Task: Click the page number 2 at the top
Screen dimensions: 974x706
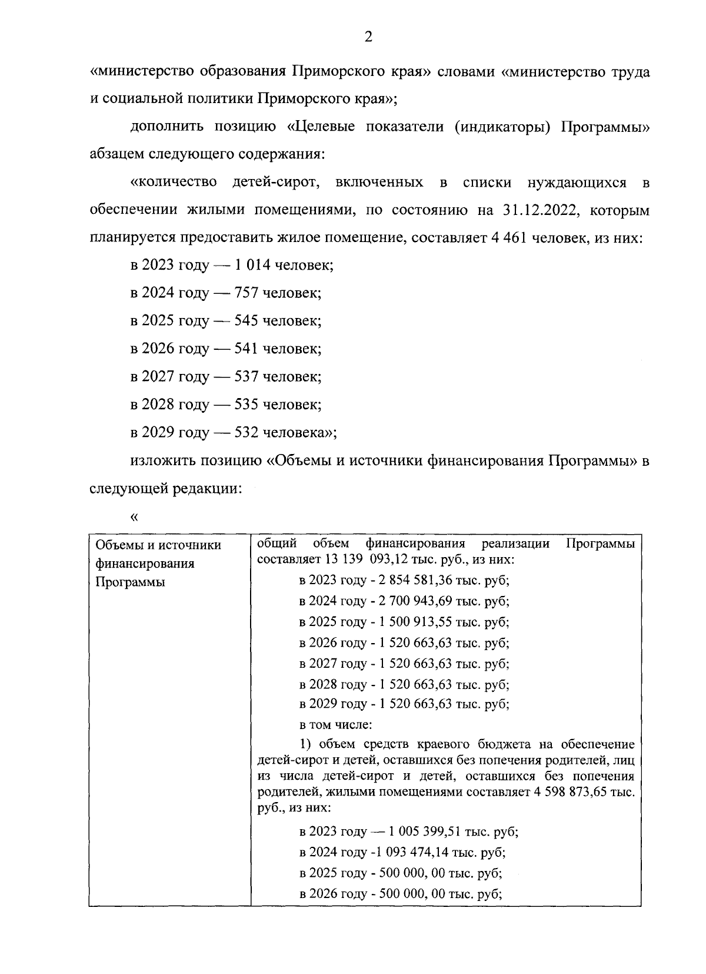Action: (368, 38)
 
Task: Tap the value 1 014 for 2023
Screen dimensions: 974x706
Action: (252, 265)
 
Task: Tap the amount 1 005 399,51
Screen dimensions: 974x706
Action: (423, 831)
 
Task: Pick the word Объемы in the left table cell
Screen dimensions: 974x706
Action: (116, 545)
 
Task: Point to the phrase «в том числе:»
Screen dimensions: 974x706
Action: (334, 725)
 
